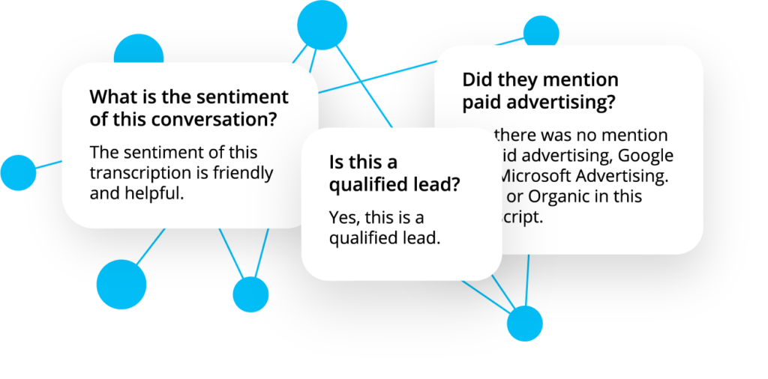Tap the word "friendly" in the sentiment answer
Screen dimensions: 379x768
tap(244, 173)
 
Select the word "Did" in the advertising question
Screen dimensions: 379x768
tap(477, 79)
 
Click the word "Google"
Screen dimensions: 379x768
tap(644, 156)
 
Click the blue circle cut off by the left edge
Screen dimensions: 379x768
tap(16, 172)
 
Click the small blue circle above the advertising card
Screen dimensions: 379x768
tap(541, 31)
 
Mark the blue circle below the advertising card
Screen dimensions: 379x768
tap(524, 323)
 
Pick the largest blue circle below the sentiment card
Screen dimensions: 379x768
tap(121, 285)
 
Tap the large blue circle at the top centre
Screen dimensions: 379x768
tap(322, 25)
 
